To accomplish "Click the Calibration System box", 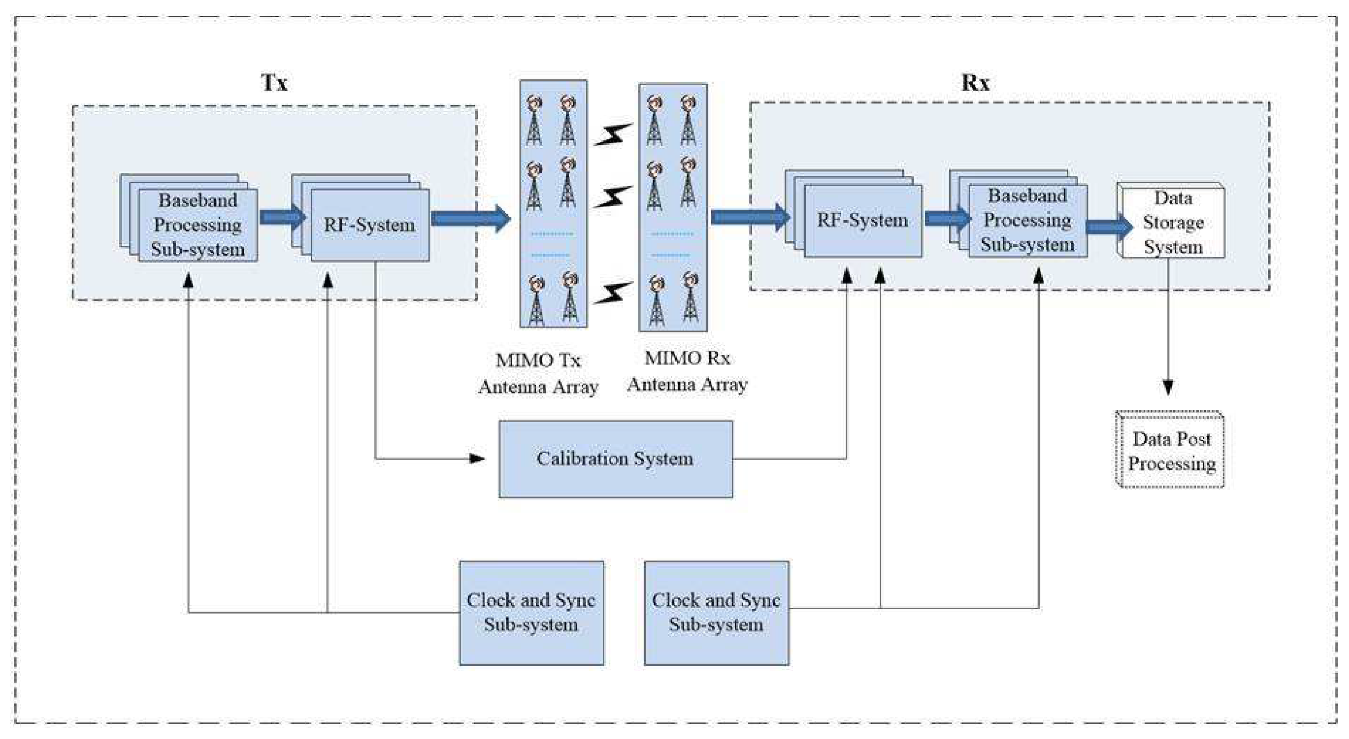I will (x=616, y=459).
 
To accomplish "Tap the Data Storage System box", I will (x=1172, y=222).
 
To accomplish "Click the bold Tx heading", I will (x=274, y=82).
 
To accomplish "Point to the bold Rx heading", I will (x=975, y=82).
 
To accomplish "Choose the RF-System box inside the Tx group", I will (x=369, y=225).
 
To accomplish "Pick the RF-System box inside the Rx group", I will (x=862, y=220).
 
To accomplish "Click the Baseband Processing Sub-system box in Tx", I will (x=198, y=225).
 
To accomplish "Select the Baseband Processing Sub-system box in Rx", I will (x=1027, y=220).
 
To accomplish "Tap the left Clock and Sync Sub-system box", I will (x=531, y=612).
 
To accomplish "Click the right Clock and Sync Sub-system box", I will (x=716, y=612).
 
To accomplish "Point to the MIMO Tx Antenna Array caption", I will (x=537, y=373).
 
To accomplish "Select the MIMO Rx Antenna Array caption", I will (x=687, y=371).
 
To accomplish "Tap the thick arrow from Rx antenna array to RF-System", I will (x=749, y=216).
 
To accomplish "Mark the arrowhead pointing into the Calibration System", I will (x=477, y=459).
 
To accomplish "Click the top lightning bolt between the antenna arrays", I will (x=612, y=135).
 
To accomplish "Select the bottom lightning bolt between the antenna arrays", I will (x=612, y=293).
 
